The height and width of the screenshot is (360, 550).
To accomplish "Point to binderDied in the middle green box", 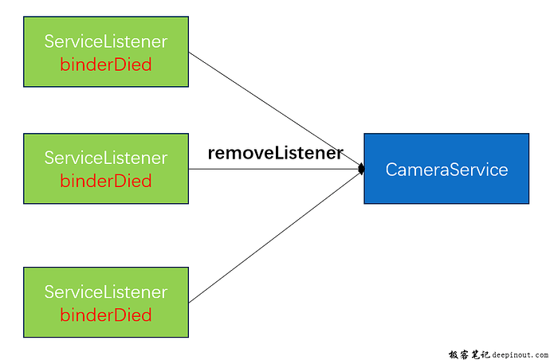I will [106, 181].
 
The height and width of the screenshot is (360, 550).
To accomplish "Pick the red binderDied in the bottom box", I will [106, 315].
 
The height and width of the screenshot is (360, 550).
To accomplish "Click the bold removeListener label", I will [275, 153].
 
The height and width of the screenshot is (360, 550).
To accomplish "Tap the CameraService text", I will [446, 169].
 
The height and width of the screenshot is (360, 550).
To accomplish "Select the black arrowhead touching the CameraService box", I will [361, 169].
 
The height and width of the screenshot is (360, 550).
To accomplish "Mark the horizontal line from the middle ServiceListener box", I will [271, 169].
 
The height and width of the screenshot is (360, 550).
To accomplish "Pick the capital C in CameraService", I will [391, 169].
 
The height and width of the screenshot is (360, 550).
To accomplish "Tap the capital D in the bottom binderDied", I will [120, 315].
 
